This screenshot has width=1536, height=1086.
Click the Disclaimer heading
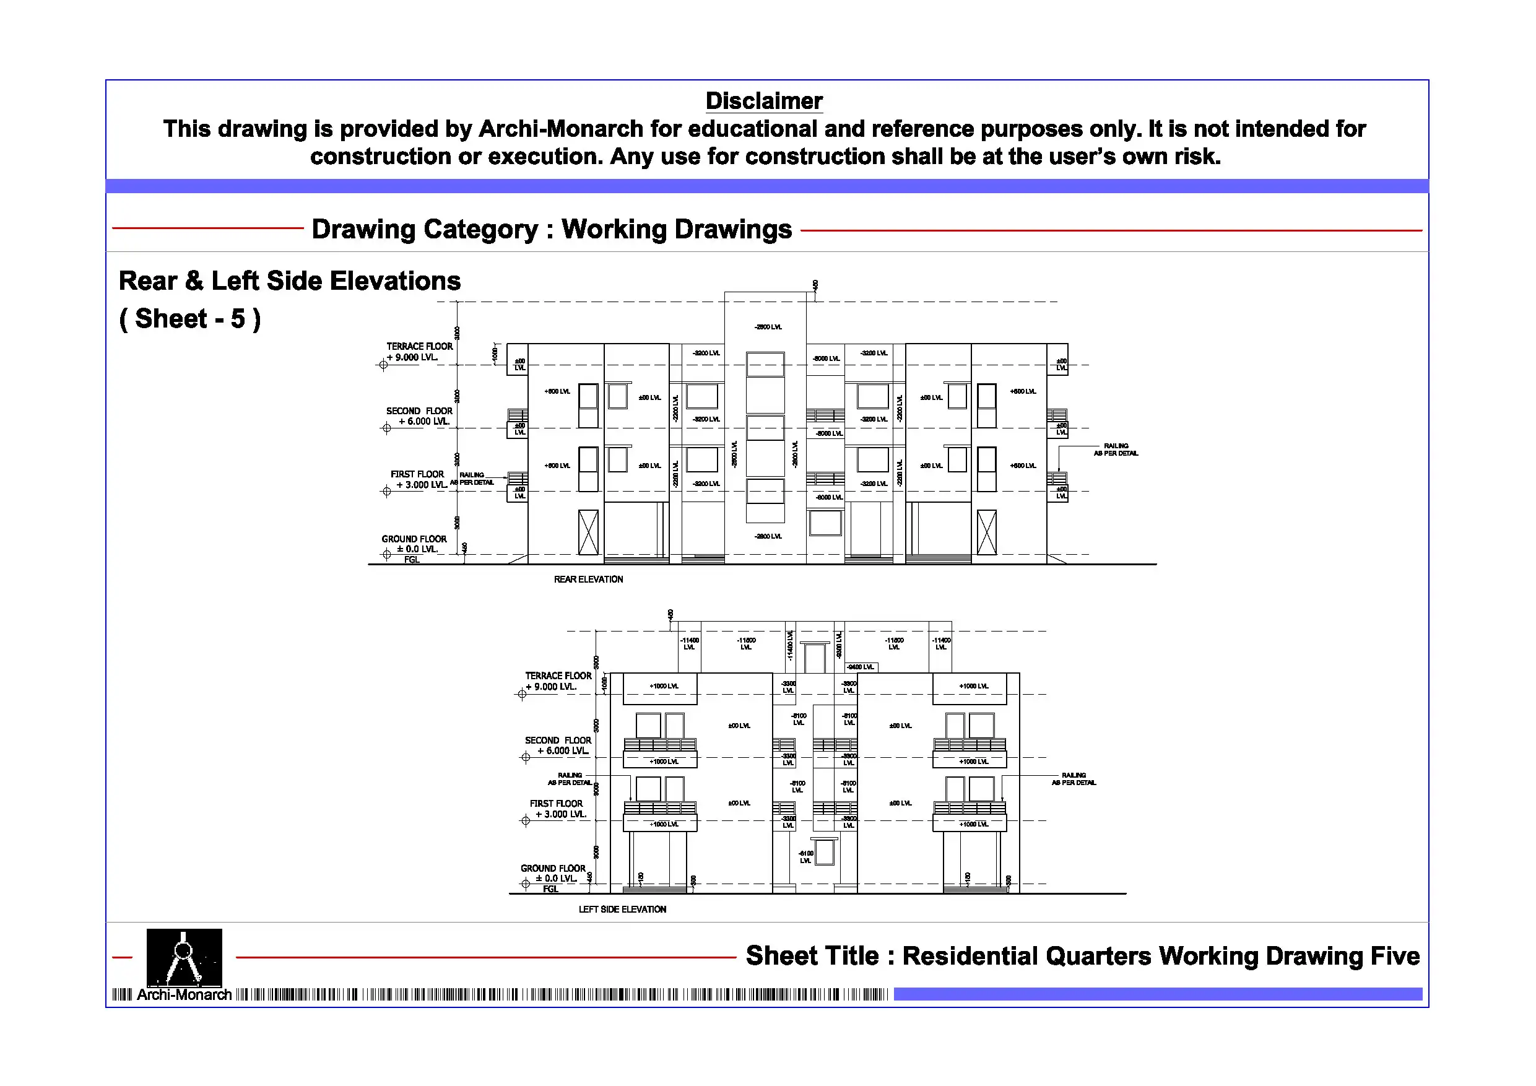click(x=763, y=101)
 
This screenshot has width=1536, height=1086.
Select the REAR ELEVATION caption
click(x=588, y=580)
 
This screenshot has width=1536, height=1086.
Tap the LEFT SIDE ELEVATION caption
click(x=622, y=910)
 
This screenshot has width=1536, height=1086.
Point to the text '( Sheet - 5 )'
click(x=190, y=319)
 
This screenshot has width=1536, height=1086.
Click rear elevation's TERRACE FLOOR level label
click(x=420, y=347)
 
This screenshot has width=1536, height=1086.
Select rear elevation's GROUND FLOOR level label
click(x=414, y=539)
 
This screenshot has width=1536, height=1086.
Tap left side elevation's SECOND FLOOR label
click(x=558, y=741)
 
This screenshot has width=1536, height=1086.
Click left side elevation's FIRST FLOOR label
click(x=556, y=804)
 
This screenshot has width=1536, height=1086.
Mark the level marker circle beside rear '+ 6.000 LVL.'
click(x=387, y=428)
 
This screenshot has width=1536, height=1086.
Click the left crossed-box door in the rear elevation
click(x=588, y=532)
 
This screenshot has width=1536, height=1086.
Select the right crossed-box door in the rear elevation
click(x=987, y=532)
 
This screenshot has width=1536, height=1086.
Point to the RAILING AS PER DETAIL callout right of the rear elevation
click(x=1116, y=450)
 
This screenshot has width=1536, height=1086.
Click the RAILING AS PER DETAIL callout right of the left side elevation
click(x=1074, y=779)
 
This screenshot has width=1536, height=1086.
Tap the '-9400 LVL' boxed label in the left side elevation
click(x=861, y=667)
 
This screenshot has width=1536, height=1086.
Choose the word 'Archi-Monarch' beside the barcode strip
click(x=184, y=995)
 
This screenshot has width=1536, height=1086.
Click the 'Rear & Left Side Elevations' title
click(x=290, y=281)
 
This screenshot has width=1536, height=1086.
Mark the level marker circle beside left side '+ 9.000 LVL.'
click(x=523, y=694)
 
